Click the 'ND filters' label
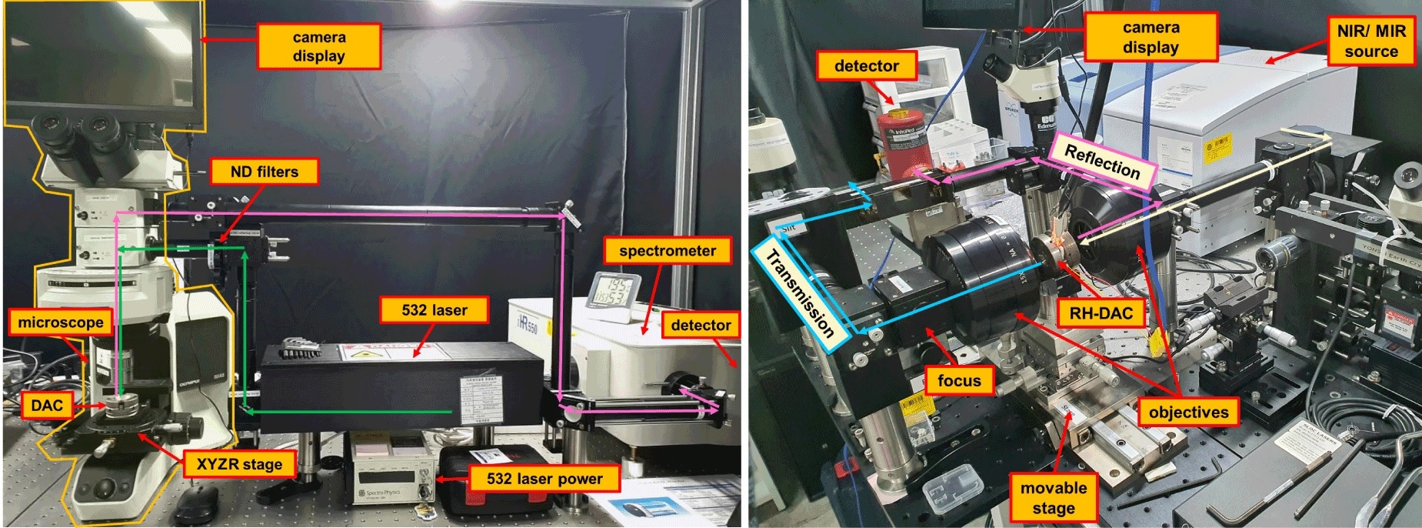[264, 172]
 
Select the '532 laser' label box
[434, 310]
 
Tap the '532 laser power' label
[544, 479]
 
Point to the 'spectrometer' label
[667, 251]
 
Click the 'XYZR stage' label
[239, 464]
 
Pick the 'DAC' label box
[46, 406]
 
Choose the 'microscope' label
[60, 322]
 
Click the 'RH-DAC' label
[1101, 313]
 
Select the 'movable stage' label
[1053, 498]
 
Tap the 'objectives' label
[1188, 413]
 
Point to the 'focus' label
[959, 380]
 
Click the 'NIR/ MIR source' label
[1370, 41]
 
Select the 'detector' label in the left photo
[701, 325]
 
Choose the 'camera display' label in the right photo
[1151, 37]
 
